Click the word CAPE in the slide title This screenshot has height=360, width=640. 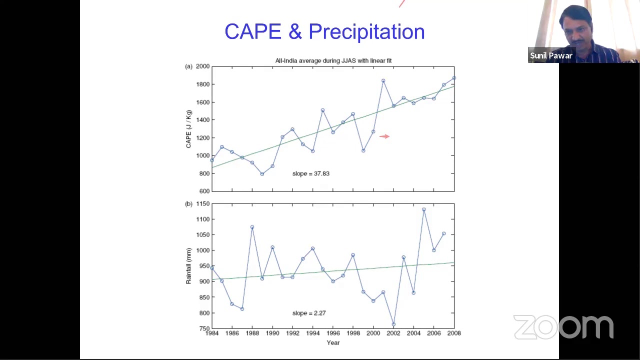[253, 31]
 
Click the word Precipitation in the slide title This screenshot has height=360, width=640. [367, 32]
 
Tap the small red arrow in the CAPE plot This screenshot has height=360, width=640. [384, 136]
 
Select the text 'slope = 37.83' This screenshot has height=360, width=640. [311, 173]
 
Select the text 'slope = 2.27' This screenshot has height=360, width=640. [309, 313]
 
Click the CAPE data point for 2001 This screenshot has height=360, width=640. [383, 81]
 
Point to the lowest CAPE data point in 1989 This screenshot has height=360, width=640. [262, 174]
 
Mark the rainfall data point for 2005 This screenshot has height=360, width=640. [424, 209]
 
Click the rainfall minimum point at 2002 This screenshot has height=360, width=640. [393, 324]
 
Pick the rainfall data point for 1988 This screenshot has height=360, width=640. [252, 227]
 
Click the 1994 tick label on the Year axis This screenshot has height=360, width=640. [313, 333]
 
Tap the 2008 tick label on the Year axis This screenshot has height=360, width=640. [454, 333]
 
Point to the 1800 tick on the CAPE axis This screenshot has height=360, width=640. [203, 84]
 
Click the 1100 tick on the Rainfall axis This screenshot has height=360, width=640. [203, 219]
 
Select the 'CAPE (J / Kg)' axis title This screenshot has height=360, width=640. [188, 129]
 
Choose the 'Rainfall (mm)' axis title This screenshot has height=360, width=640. [188, 266]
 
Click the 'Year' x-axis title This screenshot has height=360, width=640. [333, 343]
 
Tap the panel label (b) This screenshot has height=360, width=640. [189, 204]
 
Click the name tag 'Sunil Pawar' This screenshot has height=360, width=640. [551, 55]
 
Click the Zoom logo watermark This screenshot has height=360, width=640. [563, 327]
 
